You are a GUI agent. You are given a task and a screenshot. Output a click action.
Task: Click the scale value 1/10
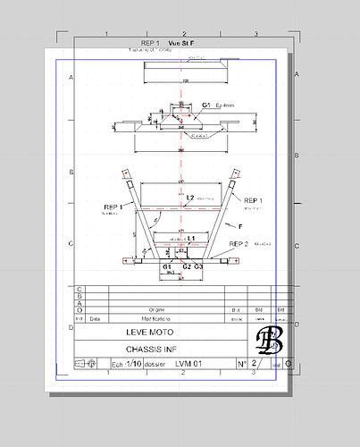132,365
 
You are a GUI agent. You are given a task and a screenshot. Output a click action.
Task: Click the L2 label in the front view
190,197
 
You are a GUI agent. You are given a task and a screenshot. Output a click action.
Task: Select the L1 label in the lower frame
191,238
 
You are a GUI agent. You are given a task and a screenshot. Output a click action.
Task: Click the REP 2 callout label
239,243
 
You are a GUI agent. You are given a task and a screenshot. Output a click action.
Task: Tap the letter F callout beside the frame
239,227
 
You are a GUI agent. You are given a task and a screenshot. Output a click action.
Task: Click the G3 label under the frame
198,266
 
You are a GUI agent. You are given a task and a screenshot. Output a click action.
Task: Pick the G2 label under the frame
187,266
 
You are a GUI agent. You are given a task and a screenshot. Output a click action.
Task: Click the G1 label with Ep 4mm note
206,105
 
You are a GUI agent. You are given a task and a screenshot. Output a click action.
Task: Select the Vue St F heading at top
181,43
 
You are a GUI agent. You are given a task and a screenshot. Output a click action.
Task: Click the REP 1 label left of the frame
114,207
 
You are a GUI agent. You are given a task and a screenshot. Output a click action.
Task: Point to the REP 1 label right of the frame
255,200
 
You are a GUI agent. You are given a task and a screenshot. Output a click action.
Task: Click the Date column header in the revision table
96,317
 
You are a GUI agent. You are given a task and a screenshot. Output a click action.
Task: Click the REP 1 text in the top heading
150,43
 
